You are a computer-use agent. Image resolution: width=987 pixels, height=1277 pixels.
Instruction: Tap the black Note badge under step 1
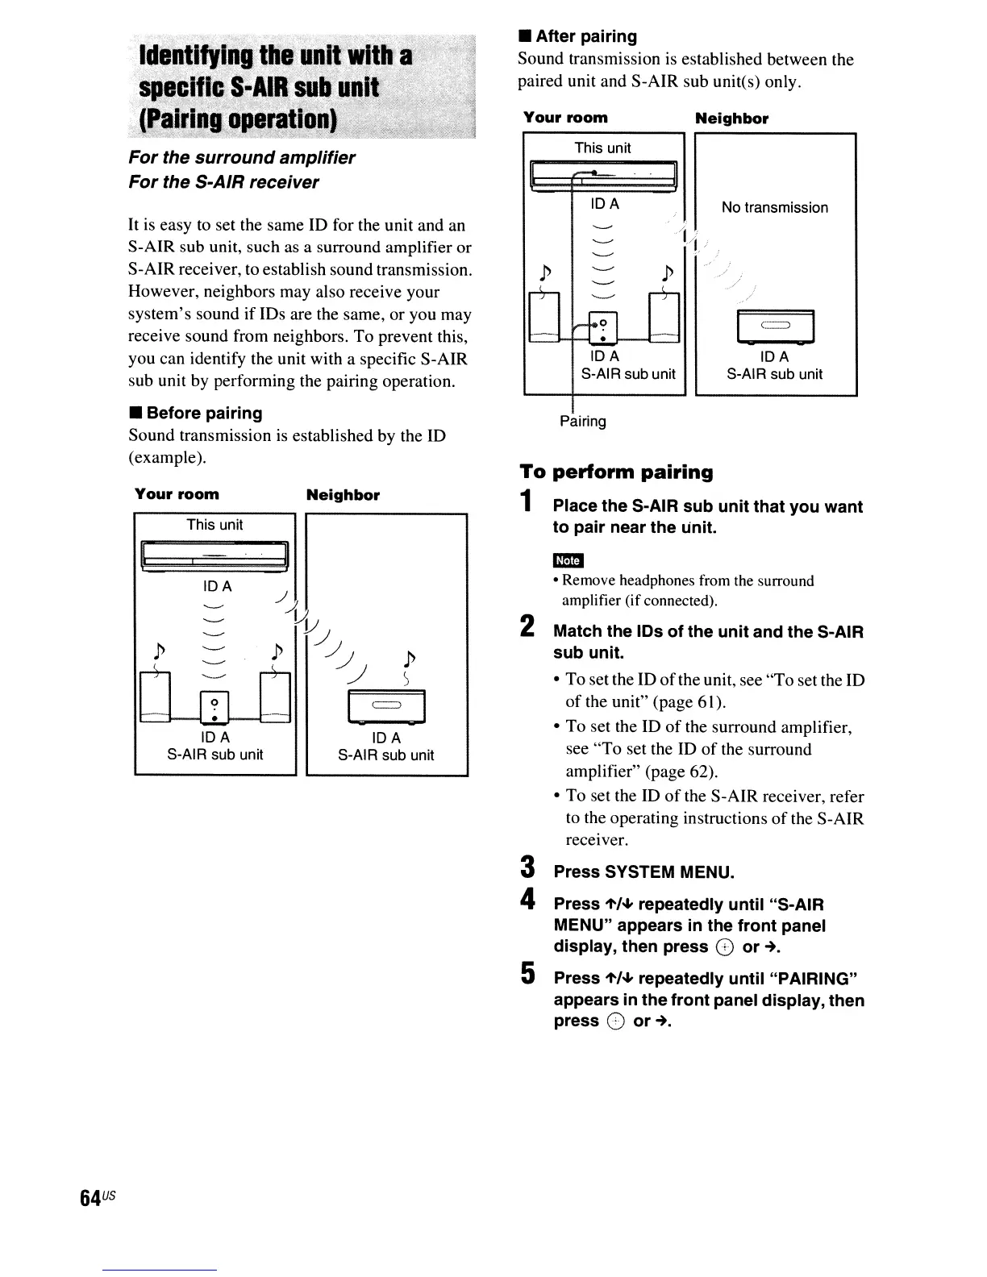[568, 560]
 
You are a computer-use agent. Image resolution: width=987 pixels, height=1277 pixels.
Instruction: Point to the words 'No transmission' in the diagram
[775, 207]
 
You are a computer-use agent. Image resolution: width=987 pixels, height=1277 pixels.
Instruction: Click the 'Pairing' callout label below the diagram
[583, 421]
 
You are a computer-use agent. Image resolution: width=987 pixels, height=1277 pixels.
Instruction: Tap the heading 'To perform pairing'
[617, 472]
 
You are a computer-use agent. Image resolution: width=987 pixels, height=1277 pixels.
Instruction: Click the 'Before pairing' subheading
[204, 413]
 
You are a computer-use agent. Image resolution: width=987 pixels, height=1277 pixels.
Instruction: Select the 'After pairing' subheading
[586, 36]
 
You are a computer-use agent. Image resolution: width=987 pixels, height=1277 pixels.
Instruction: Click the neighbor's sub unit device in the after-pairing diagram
[775, 327]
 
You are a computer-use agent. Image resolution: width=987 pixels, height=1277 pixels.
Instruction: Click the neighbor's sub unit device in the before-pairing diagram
[386, 706]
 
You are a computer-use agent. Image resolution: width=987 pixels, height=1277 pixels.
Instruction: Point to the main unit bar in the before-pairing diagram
[214, 555]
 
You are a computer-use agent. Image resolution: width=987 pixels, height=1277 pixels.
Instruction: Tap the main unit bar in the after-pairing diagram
[603, 174]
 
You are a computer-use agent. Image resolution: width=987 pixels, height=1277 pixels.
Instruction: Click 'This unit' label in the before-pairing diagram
[214, 525]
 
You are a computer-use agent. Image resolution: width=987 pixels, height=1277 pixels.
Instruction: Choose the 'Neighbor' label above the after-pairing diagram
[731, 119]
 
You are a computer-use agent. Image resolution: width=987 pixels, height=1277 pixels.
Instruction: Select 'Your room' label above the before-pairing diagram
[177, 494]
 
